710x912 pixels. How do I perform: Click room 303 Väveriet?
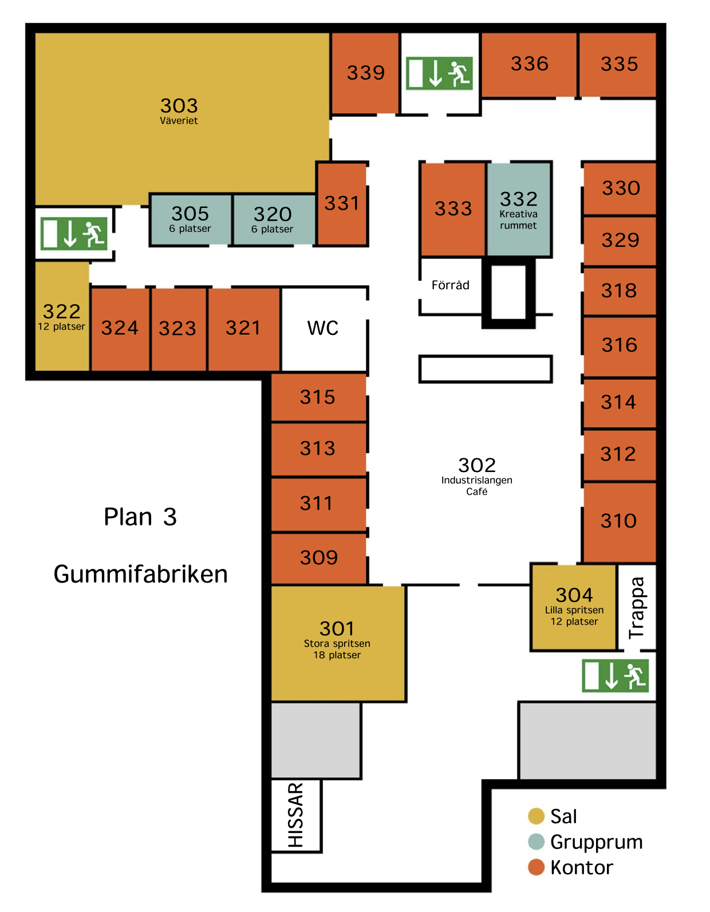pos(179,111)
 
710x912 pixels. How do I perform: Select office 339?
pos(365,73)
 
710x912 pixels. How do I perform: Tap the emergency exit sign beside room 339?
pos(439,73)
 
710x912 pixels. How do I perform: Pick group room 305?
pos(191,219)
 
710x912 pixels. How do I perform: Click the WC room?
pos(323,328)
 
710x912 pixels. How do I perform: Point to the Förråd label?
pos(450,285)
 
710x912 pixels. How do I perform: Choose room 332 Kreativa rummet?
pos(518,210)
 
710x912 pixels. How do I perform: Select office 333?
pos(453,209)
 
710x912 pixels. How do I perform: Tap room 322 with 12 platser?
pos(62,317)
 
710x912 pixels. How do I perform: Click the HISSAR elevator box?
pos(295,815)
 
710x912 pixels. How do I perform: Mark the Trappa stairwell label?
pos(637,607)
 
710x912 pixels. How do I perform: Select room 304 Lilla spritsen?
pos(574,607)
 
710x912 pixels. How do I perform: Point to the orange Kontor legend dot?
pos(536,867)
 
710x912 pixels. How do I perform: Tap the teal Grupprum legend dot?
pos(536,842)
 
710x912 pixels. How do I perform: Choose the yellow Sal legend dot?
pos(536,816)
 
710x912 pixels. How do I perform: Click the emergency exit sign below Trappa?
pos(615,676)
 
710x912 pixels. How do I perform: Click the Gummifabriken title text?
pos(140,574)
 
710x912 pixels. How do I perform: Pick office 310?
pos(618,521)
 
